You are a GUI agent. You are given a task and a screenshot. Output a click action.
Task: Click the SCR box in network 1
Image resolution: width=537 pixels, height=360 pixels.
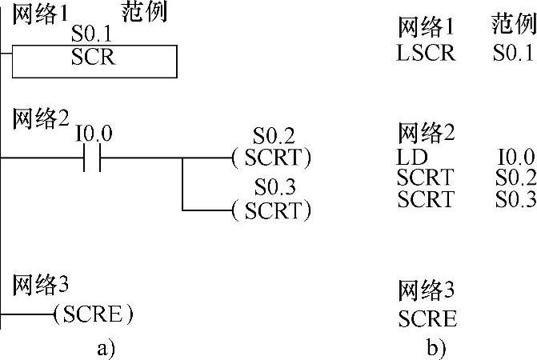coord(94,60)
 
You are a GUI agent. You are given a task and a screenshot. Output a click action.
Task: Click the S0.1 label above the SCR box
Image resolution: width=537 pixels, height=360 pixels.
coord(93,35)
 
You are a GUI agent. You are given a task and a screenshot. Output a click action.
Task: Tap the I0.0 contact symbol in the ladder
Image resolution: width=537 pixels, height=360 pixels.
coord(91,158)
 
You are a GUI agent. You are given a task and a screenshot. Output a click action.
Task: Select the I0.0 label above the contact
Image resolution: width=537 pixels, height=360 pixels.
coord(94,134)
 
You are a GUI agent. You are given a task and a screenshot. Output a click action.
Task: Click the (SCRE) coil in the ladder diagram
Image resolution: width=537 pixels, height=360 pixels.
coord(93,314)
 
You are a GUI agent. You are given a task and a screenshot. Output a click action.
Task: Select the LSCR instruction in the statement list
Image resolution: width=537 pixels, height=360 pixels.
coord(426,54)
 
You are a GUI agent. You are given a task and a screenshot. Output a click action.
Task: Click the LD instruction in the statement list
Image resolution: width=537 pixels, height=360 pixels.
coord(412,157)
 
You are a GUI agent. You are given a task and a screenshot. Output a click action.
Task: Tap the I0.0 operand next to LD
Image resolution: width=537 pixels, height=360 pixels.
coord(515,157)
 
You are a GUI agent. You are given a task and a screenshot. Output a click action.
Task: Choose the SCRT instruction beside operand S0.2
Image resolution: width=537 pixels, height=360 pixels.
coord(426,176)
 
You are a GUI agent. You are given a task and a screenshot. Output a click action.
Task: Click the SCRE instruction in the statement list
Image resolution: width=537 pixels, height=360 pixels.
coord(428,319)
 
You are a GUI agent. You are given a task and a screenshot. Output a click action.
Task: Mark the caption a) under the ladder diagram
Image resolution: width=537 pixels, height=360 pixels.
coord(106,347)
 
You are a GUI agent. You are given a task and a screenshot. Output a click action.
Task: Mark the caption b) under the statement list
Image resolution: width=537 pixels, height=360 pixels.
coord(436,348)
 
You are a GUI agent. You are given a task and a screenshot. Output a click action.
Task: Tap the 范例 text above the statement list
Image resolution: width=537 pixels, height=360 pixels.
coord(513,26)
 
